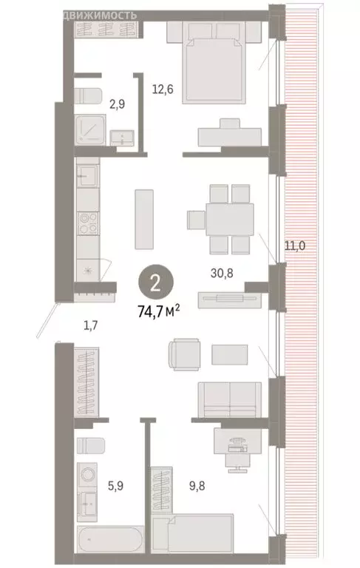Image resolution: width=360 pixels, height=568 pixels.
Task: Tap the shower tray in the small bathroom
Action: pyautogui.click(x=92, y=130)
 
